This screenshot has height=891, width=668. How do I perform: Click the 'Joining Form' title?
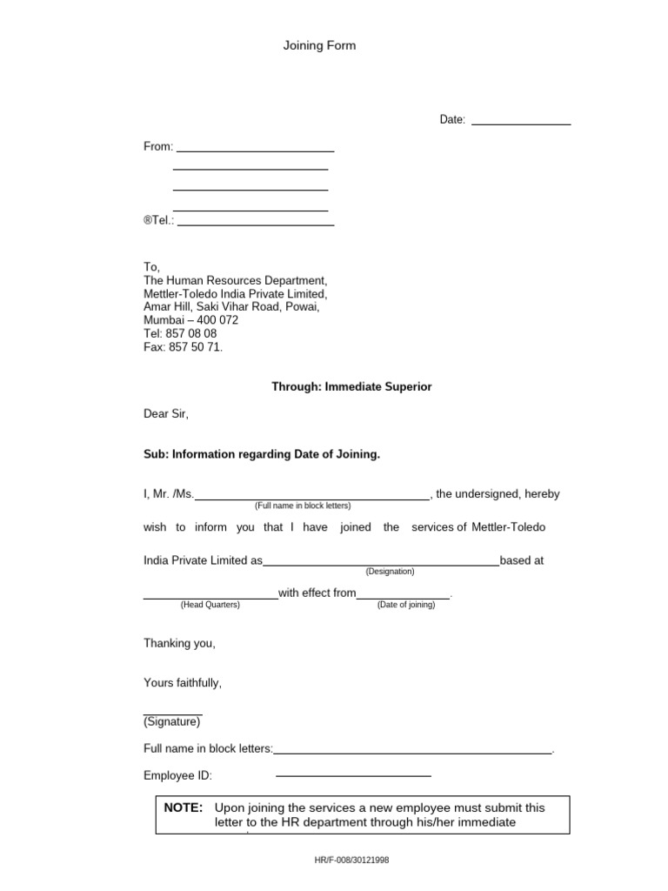click(319, 46)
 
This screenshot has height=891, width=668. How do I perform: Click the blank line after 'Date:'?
click(520, 124)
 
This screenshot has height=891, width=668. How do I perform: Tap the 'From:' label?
click(158, 146)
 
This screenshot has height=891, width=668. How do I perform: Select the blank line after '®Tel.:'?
click(256, 224)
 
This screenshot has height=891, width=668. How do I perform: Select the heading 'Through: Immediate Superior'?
click(351, 387)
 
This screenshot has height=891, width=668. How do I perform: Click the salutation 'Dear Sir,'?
click(166, 414)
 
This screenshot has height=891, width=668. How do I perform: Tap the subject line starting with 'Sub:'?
click(262, 454)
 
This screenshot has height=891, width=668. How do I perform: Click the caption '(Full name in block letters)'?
click(303, 506)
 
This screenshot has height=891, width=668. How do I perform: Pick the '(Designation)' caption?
click(390, 572)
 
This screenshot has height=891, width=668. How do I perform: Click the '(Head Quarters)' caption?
click(210, 605)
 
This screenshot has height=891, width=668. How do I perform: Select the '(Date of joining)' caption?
click(406, 605)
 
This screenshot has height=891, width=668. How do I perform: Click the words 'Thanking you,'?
click(179, 644)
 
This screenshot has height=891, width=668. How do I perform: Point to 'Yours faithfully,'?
click(183, 683)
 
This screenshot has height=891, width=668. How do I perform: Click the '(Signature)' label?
click(172, 721)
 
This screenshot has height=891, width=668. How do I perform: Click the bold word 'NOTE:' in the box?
click(184, 807)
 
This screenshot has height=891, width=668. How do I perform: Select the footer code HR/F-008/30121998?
click(351, 860)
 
